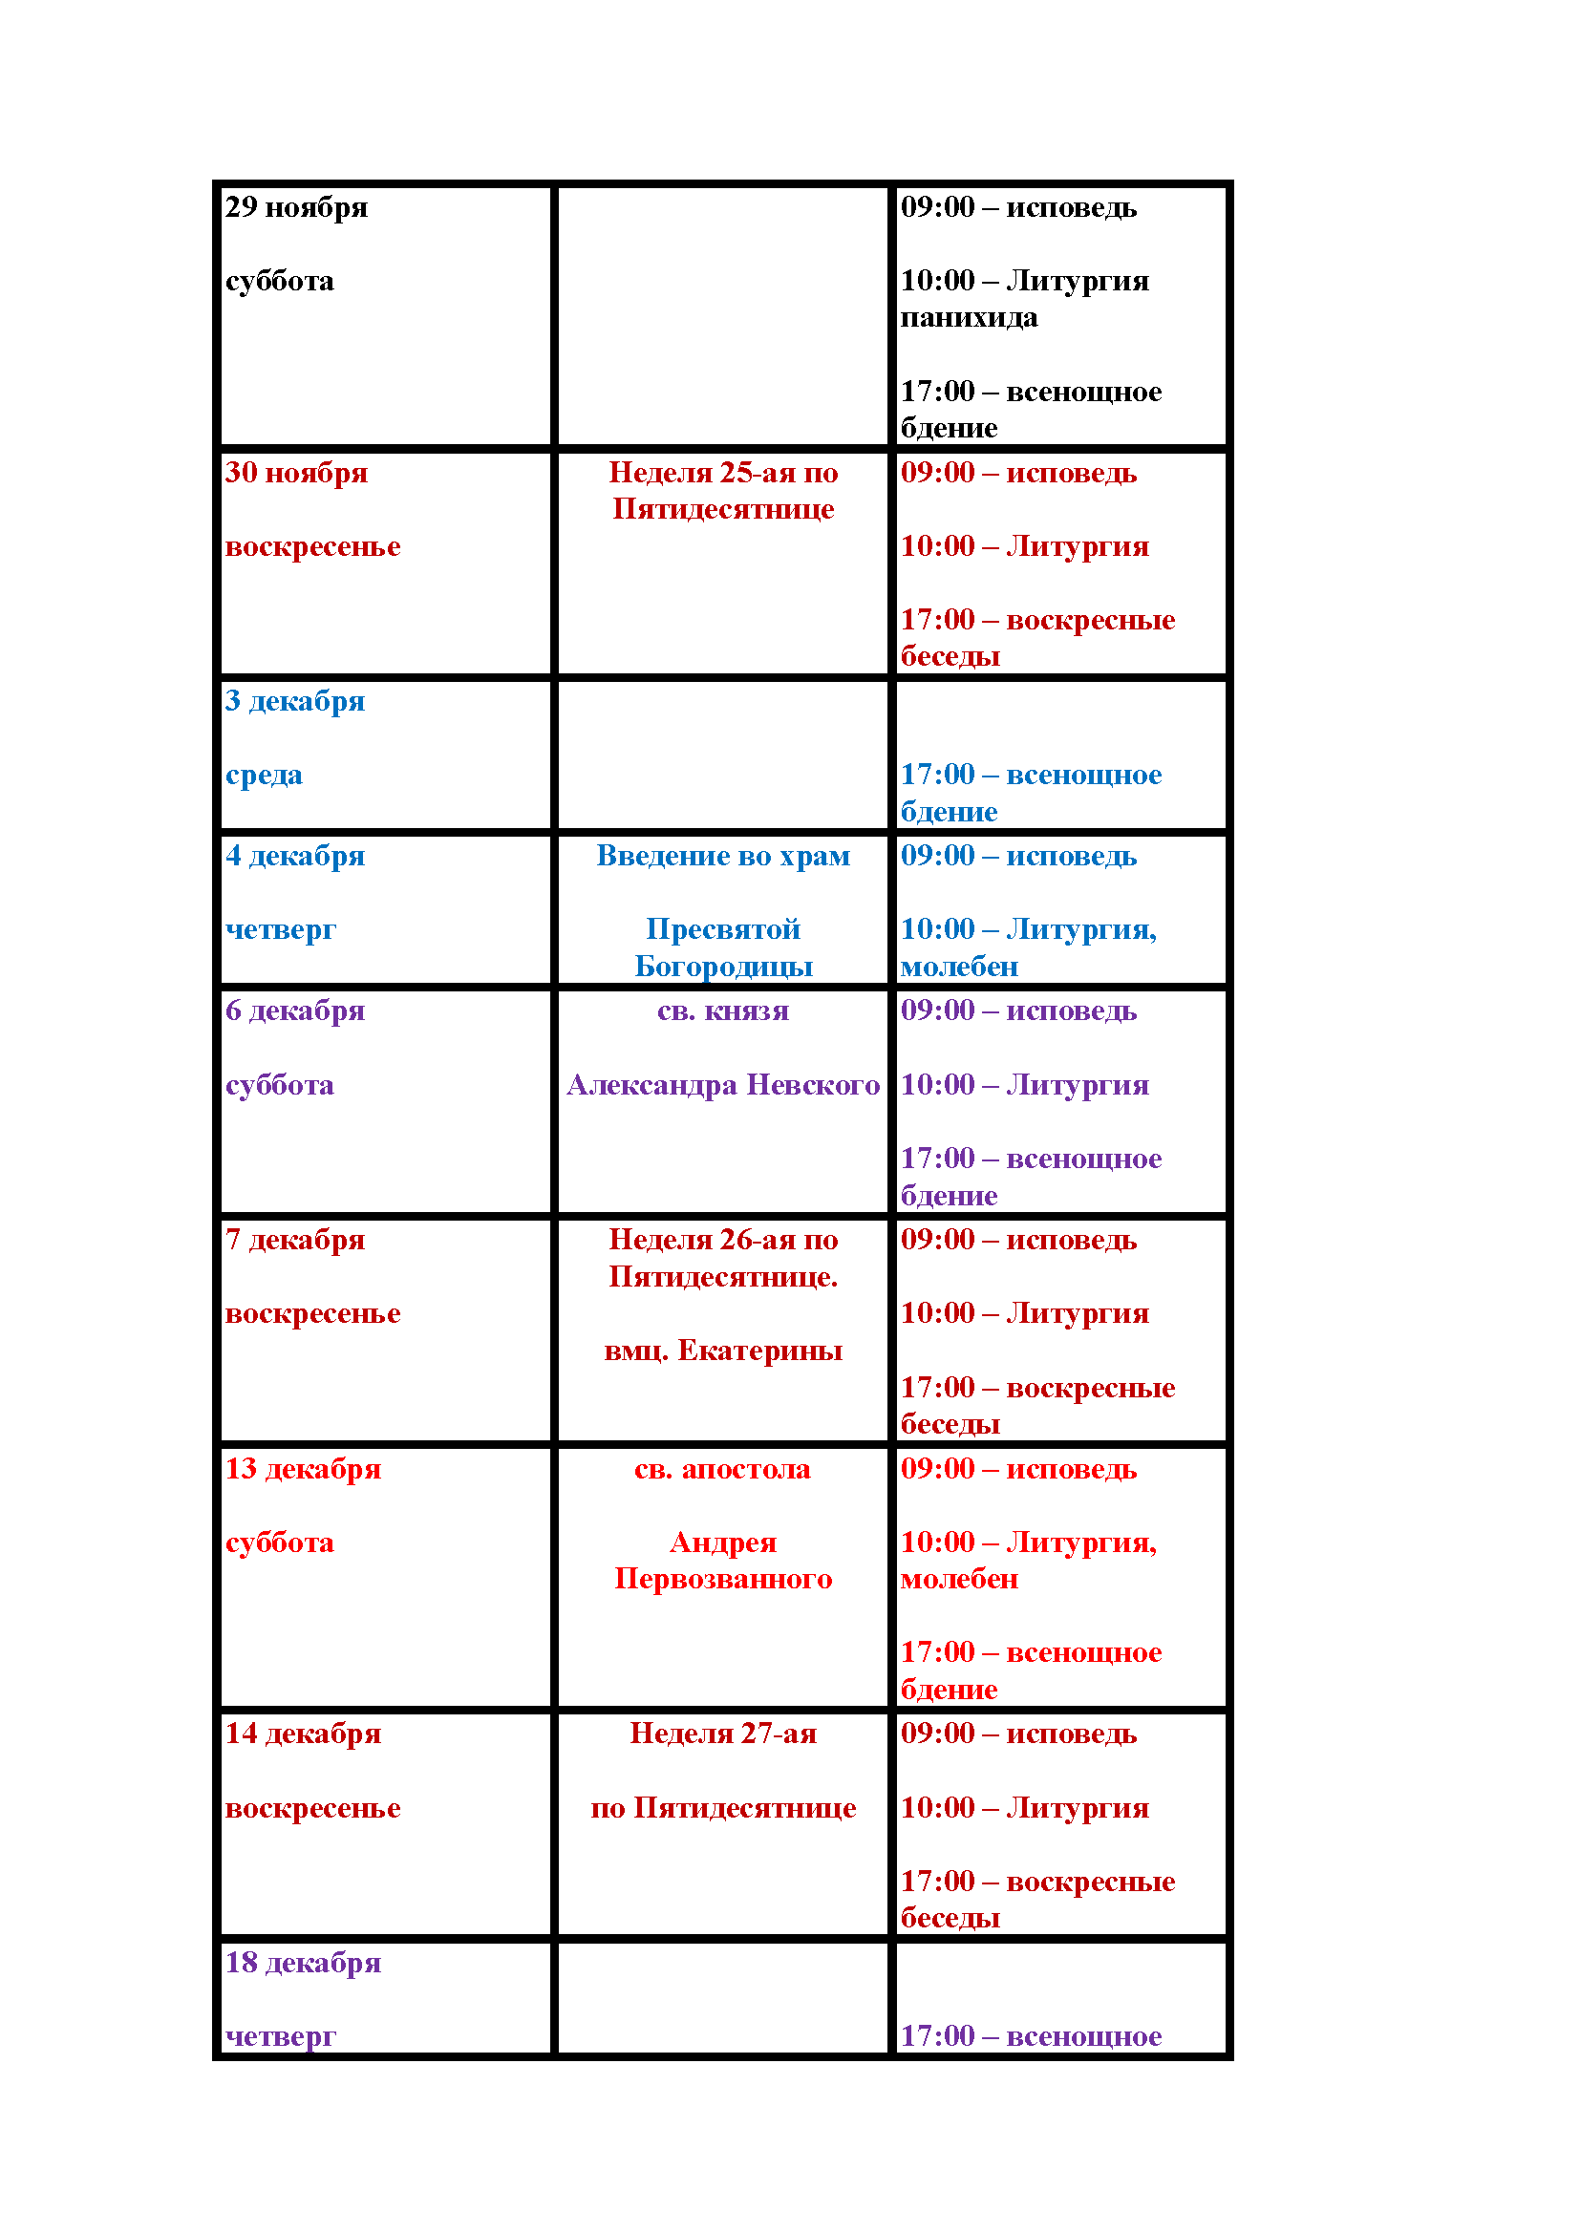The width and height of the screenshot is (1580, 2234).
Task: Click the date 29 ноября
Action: (296, 207)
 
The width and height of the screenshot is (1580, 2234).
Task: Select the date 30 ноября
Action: (296, 473)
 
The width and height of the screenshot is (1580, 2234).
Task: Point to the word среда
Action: (264, 776)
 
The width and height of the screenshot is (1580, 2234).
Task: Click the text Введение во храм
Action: (723, 856)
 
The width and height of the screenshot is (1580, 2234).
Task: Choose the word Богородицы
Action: (723, 968)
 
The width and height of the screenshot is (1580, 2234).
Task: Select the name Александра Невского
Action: (723, 1085)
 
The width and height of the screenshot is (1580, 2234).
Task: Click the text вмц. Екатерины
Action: (723, 1351)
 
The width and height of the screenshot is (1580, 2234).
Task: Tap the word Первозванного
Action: (723, 1579)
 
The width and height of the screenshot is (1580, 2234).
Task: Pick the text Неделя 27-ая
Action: (723, 1734)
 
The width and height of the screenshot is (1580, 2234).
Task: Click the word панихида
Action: (968, 318)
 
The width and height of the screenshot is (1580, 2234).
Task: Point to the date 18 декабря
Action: (303, 1963)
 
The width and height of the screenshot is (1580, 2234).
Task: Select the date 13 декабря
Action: (303, 1469)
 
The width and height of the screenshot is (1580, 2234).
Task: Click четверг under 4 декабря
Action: (280, 930)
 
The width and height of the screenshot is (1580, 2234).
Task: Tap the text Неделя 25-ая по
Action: (723, 473)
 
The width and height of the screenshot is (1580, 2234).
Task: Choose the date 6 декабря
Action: (295, 1011)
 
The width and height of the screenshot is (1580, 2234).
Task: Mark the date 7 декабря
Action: (295, 1240)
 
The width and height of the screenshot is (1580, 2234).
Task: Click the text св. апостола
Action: (722, 1469)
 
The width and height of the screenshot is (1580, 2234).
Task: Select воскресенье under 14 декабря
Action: (312, 1808)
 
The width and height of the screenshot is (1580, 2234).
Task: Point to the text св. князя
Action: (723, 1011)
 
